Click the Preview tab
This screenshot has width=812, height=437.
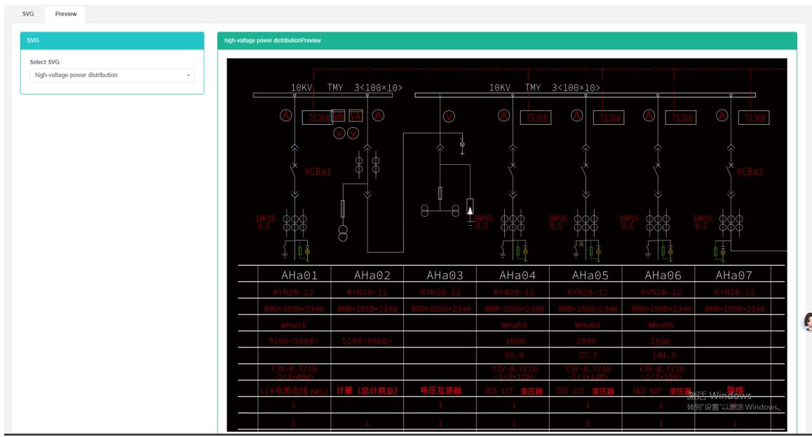(66, 13)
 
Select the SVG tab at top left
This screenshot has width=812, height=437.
(28, 13)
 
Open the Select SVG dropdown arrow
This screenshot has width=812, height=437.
(189, 75)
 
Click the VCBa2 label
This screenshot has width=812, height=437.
(750, 171)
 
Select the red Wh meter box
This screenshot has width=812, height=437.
(339, 116)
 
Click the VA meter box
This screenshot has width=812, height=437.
(356, 116)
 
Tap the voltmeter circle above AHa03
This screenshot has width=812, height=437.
(449, 116)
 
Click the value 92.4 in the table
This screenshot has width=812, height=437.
(514, 356)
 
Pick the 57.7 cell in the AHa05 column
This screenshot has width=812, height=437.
(587, 356)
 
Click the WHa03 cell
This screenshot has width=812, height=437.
(514, 325)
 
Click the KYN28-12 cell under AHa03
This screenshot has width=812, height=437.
(440, 292)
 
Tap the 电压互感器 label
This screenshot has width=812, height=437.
(440, 391)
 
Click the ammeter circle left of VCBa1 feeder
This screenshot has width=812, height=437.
(286, 116)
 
